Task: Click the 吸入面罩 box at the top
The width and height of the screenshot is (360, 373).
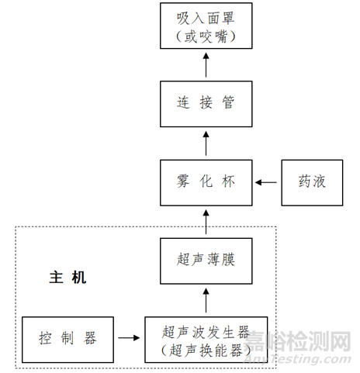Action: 206,26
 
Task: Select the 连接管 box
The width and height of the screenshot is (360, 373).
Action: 206,104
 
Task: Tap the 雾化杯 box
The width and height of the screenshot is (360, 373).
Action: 206,183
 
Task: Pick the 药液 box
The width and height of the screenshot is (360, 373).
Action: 312,183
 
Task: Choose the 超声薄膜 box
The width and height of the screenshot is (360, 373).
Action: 206,261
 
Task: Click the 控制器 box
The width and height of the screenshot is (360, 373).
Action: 67,340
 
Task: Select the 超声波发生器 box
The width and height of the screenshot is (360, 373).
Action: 206,340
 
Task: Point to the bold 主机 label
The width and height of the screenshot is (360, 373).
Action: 67,278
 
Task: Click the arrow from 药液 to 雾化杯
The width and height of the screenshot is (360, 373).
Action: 266,182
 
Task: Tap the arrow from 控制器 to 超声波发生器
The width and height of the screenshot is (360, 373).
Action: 129,337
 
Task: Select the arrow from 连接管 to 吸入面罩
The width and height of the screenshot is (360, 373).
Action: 206,64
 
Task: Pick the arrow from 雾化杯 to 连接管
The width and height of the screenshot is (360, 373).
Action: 206,143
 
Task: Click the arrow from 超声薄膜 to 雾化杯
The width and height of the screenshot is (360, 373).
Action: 206,222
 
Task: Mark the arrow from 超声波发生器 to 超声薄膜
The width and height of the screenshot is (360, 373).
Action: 206,300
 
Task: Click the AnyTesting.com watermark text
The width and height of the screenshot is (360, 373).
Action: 297,359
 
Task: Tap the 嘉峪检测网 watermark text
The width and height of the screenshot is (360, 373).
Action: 297,341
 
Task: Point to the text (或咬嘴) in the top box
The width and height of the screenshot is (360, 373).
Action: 206,36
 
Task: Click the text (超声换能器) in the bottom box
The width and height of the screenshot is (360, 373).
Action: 206,351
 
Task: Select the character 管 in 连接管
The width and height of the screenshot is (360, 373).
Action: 228,102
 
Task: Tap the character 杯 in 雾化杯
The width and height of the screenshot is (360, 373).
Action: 228,181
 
